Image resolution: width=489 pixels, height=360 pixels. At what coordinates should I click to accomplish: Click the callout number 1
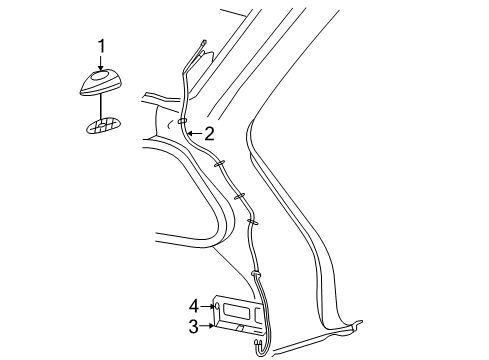pos(101,45)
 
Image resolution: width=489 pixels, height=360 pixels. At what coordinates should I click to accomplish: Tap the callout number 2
pos(209,133)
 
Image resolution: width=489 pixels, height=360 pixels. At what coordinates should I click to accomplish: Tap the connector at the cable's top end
pos(202,45)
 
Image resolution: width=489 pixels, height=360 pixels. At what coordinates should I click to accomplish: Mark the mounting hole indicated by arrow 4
pos(216,305)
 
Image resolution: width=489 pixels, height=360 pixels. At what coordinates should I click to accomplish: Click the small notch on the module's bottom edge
pos(239,329)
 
